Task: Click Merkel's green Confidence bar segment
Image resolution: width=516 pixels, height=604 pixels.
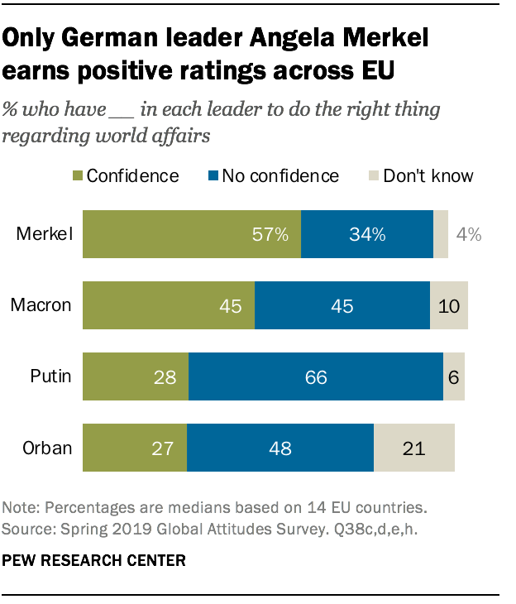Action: [x=192, y=234]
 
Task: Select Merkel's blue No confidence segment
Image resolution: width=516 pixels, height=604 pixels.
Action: [x=366, y=234]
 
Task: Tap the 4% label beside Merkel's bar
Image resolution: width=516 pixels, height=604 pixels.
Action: [x=469, y=234]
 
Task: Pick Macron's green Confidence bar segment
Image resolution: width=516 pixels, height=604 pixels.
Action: [x=169, y=305]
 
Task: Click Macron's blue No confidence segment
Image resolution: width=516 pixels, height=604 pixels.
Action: [x=342, y=305]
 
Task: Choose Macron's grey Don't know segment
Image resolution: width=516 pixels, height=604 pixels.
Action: [x=449, y=305]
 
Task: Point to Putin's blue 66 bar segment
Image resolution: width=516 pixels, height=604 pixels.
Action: [x=316, y=377]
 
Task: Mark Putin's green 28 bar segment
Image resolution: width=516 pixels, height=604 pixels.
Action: [x=136, y=377]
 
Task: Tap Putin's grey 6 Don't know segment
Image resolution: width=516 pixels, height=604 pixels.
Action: [x=454, y=377]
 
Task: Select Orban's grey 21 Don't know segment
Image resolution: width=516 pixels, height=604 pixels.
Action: [x=414, y=448]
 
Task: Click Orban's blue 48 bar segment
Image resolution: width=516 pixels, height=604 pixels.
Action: [x=280, y=448]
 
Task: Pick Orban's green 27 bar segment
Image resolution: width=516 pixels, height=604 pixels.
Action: [x=135, y=448]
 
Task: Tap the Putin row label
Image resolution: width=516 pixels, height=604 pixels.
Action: [x=51, y=377]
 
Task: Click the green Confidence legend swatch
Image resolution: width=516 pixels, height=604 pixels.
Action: [x=79, y=176]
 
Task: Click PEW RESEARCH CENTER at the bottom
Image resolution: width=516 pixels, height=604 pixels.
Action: [x=94, y=560]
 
